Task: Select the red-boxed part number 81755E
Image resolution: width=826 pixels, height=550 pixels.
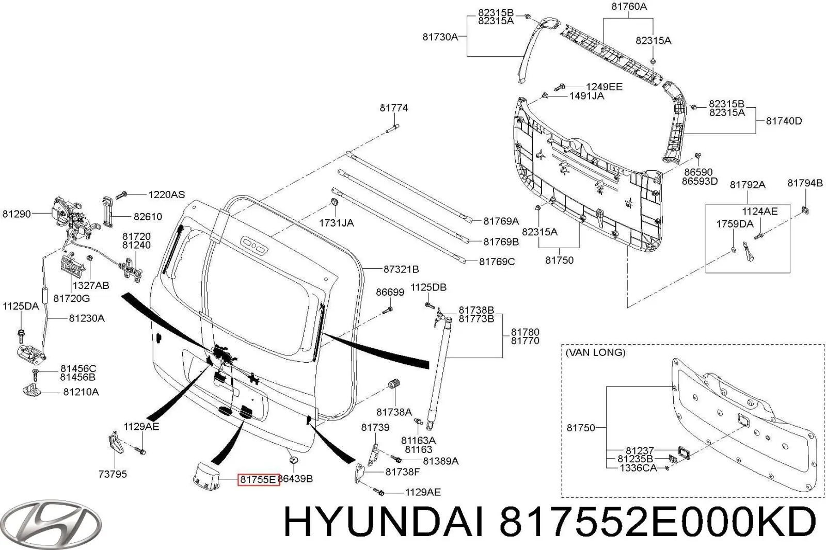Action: (258, 479)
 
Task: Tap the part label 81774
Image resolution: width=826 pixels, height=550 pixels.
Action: (393, 108)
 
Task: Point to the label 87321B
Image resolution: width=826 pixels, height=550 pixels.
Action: (401, 269)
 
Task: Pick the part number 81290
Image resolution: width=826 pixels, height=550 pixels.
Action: (17, 214)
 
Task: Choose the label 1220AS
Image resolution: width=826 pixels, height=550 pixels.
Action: (166, 195)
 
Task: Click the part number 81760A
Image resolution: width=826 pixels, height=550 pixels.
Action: (629, 7)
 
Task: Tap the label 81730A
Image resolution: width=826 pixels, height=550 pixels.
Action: (440, 37)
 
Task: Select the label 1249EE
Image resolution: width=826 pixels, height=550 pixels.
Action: (604, 87)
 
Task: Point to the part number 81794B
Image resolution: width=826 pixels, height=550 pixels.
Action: (805, 183)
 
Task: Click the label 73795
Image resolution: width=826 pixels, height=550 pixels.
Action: (113, 474)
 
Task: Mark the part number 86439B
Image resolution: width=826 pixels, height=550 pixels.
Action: (295, 479)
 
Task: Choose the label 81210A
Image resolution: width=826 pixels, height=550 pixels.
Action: (81, 392)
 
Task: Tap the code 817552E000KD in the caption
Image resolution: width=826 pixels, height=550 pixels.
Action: (657, 523)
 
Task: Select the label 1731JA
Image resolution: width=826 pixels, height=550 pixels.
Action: (336, 223)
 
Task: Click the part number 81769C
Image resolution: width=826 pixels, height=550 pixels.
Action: (497, 262)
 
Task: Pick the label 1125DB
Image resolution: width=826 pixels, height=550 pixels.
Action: (428, 287)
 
